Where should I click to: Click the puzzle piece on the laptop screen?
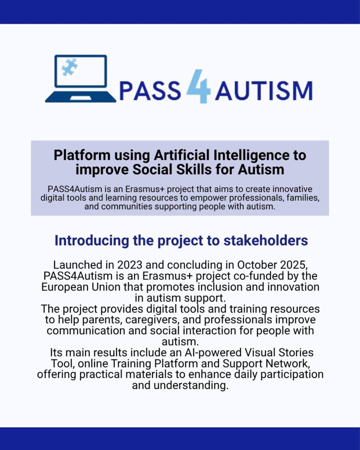69,67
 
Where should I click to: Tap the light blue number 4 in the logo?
199,86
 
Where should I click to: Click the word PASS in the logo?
150,91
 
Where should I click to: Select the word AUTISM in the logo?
264,91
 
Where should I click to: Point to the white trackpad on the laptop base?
81,98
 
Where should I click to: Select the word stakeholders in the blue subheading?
265,240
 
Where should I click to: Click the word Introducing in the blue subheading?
92,241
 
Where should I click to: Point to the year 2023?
132,265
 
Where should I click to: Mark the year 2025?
294,265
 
